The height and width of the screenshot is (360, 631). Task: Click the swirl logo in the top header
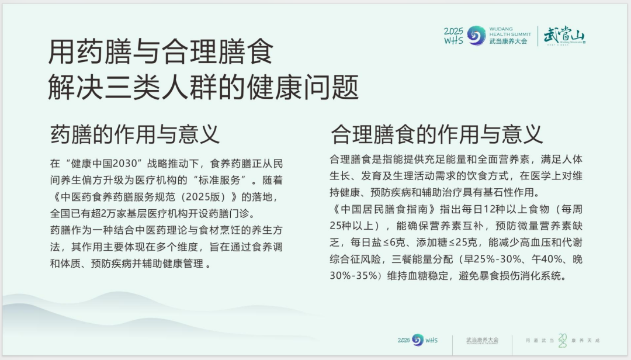477,36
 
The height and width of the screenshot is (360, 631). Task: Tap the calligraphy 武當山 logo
563,36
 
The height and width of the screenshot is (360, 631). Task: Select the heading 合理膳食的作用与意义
436,134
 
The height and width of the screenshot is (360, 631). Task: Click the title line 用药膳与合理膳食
161,53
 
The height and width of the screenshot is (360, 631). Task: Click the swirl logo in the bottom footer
418,340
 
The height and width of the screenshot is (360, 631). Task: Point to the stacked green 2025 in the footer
562,340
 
